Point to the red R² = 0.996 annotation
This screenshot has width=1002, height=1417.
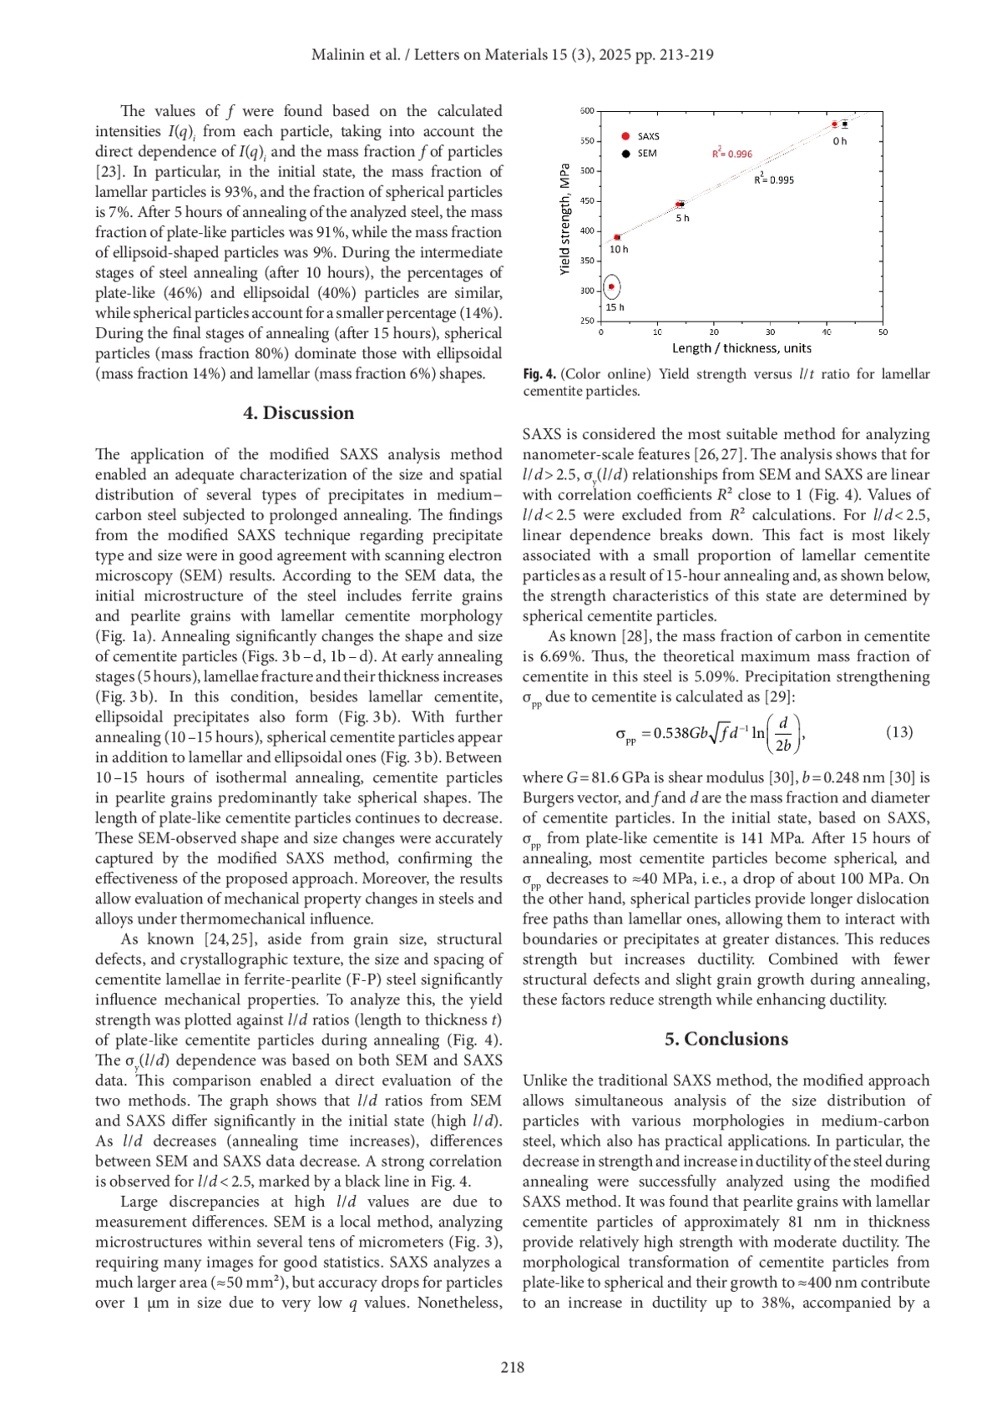(x=731, y=153)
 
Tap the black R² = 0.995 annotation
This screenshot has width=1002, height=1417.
(x=774, y=179)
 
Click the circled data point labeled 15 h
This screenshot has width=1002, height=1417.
(x=611, y=287)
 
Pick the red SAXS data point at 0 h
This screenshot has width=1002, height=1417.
(x=834, y=124)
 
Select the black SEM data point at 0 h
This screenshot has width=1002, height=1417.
(x=845, y=124)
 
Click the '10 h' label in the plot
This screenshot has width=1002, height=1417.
(x=618, y=249)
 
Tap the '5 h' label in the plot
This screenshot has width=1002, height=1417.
(x=682, y=218)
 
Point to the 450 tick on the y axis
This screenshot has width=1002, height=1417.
(x=586, y=200)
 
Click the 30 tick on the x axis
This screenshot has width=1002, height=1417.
(x=770, y=332)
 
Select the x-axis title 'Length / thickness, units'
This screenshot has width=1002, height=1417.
(x=741, y=348)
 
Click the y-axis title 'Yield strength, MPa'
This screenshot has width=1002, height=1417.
(x=564, y=219)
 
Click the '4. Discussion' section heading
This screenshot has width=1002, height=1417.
(x=298, y=413)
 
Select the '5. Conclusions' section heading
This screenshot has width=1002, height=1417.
(x=726, y=1039)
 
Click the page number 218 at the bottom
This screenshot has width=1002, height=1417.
(x=512, y=1367)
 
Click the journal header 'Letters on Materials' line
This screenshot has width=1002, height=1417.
(x=512, y=55)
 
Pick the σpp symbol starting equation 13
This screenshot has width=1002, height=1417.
(x=625, y=735)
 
